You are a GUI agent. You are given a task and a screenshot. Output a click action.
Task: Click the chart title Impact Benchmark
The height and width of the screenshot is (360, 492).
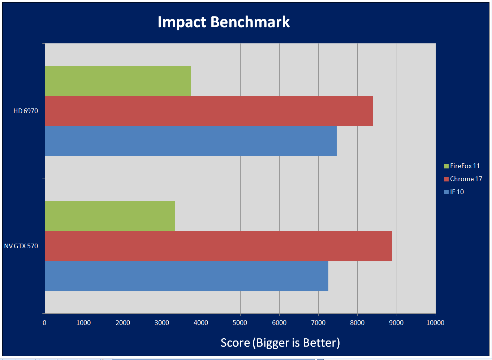224,22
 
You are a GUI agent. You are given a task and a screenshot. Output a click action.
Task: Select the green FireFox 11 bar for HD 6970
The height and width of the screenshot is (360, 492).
118,81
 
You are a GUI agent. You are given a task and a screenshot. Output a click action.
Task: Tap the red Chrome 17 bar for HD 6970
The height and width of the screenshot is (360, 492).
208,111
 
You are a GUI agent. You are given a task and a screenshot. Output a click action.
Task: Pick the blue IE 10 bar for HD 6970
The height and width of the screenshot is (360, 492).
190,141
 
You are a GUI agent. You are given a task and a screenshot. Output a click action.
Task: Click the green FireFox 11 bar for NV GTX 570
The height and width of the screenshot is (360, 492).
110,216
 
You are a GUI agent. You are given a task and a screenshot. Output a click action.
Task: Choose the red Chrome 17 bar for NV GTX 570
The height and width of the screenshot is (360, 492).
218,246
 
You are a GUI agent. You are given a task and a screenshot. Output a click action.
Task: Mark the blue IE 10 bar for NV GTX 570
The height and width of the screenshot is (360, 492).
186,276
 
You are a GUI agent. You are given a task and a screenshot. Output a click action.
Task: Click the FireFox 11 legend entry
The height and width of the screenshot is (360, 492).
465,166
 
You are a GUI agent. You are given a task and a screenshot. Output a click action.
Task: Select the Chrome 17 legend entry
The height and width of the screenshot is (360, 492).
466,179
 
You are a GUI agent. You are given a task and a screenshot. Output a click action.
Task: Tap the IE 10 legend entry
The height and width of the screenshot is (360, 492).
457,192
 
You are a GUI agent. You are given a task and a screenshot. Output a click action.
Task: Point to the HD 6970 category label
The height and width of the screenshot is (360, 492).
26,111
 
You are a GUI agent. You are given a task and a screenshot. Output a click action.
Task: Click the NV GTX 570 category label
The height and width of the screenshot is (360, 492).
21,246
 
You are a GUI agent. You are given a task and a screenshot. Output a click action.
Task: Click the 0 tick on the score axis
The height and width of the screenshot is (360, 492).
44,323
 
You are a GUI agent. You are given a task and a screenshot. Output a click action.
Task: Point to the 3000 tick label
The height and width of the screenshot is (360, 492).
162,323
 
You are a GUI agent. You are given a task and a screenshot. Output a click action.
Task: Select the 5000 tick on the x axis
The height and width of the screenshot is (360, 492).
240,323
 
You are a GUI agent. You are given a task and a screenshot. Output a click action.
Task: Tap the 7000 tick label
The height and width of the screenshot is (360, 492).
318,323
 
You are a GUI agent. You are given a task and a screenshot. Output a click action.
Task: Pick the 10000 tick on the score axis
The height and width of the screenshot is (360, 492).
435,323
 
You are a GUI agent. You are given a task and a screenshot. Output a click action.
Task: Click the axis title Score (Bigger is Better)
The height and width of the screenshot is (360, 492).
280,343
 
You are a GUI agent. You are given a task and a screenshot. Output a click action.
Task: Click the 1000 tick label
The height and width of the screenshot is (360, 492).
83,323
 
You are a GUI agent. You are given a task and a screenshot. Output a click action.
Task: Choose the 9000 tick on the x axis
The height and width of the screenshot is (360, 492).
396,323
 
